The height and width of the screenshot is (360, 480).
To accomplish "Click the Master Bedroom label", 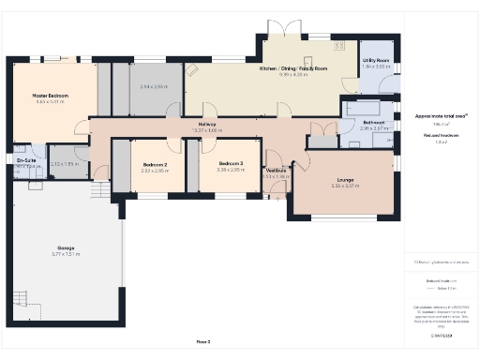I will coord(53,95).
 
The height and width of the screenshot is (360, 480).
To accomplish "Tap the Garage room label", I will coord(65,247).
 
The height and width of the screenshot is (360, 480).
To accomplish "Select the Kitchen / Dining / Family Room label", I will coord(292,68).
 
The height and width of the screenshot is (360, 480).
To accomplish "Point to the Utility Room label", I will coord(377,60).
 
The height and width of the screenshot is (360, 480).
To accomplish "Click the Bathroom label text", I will coord(373,122).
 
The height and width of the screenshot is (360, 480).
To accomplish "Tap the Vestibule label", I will coord(277,169).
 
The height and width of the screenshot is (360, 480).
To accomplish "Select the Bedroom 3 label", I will coord(229,164).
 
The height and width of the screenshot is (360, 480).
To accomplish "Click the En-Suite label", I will coord(26,160).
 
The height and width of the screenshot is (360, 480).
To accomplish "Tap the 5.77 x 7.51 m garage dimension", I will coord(65,254).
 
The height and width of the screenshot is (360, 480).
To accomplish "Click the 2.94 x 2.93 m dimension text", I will coord(153,86).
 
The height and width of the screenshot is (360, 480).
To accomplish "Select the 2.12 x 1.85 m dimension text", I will coord(65,164).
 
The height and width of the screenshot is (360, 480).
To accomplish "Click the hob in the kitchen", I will coord(193,69).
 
